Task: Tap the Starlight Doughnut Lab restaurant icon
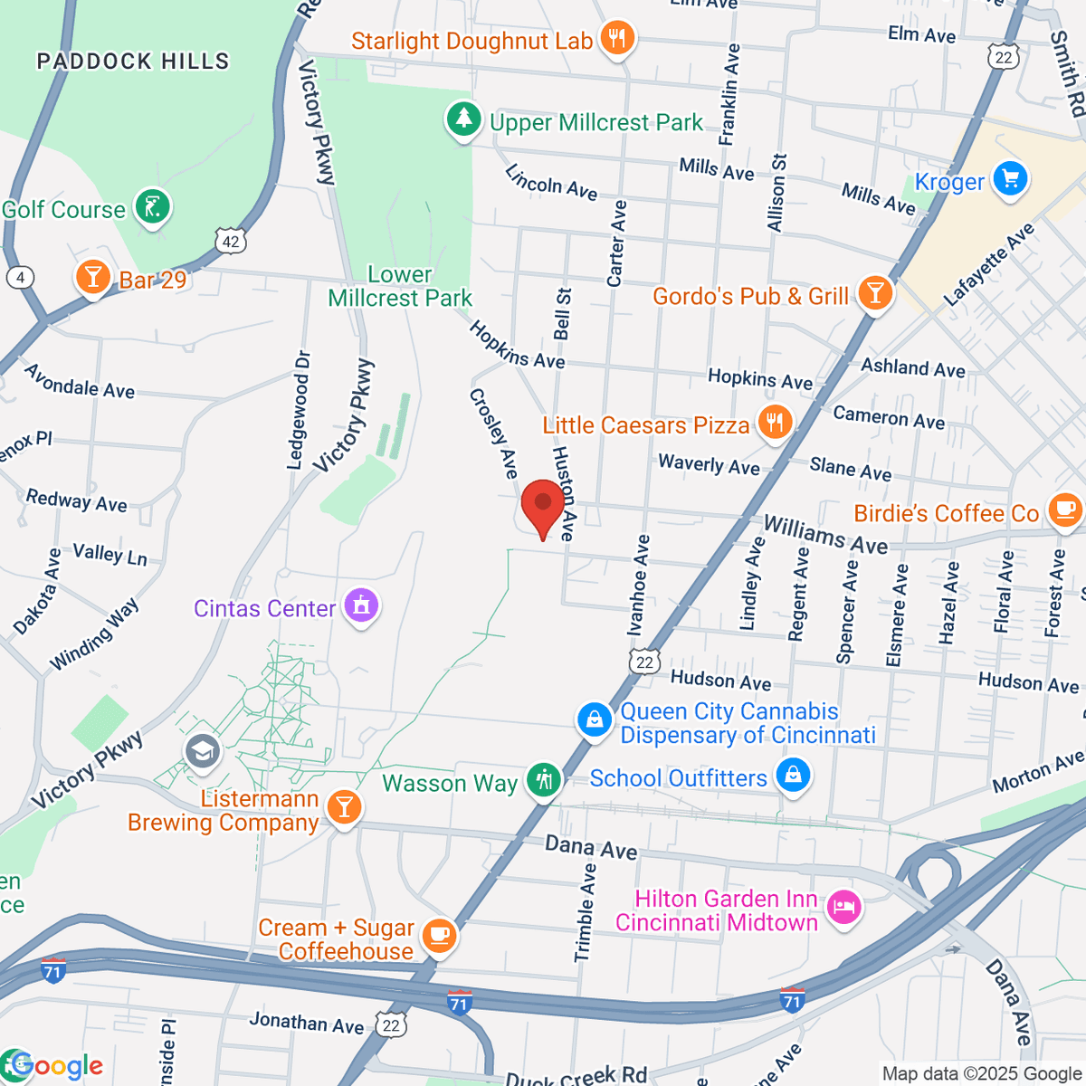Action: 617,39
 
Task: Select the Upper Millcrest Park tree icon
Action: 464,119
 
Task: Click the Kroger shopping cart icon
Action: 1010,178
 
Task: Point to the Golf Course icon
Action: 153,207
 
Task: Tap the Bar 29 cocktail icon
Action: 92,278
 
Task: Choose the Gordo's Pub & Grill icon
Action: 874,294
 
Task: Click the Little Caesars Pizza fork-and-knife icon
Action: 774,423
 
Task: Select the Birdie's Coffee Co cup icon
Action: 1064,510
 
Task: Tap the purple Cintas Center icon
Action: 362,606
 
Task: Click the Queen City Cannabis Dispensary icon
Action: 595,720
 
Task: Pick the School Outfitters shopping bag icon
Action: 793,776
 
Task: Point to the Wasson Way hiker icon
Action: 544,780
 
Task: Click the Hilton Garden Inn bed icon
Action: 843,908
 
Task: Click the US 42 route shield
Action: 231,241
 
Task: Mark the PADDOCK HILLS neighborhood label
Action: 133,62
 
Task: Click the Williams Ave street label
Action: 825,534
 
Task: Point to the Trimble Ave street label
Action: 586,912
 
